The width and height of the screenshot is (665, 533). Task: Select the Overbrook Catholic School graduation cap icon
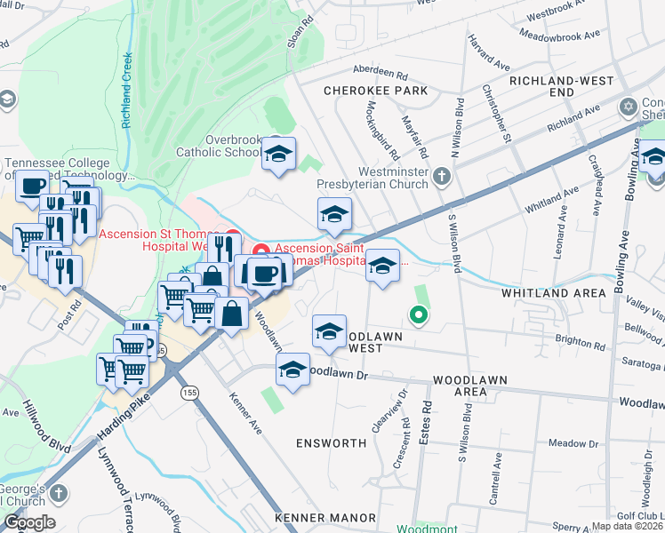[x=278, y=155]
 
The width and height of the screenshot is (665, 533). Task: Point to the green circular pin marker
[x=415, y=313]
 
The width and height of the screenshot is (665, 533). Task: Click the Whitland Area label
[x=555, y=292]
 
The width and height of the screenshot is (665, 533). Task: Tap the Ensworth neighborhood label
[x=332, y=442]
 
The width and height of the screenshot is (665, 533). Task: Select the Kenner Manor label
[x=325, y=518]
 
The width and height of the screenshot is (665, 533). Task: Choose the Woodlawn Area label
[x=470, y=385]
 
